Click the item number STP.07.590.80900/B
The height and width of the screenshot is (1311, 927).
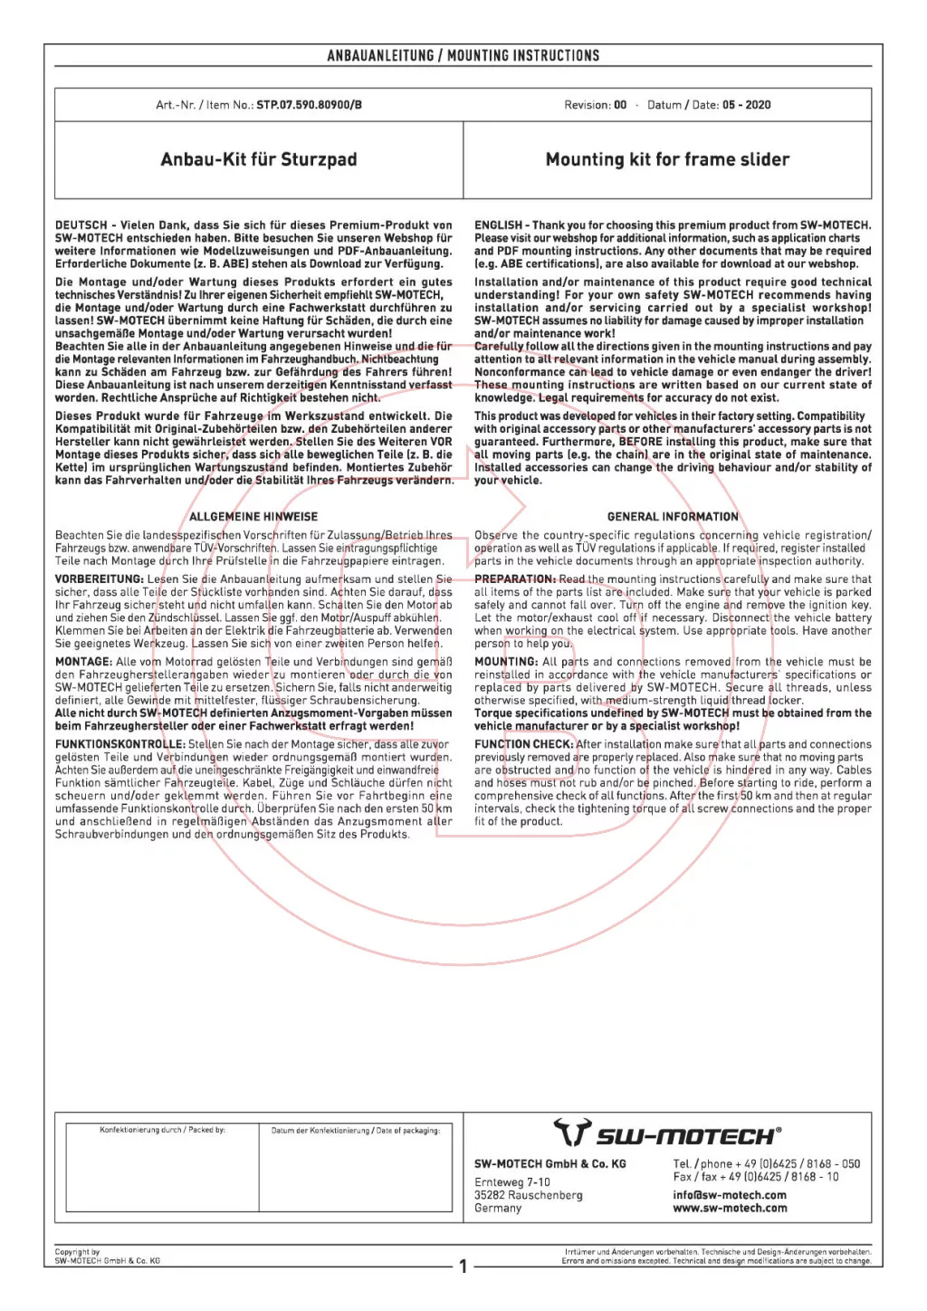pyautogui.click(x=309, y=105)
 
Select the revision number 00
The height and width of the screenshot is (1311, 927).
pyautogui.click(x=620, y=105)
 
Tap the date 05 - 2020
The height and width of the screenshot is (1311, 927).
pyautogui.click(x=746, y=105)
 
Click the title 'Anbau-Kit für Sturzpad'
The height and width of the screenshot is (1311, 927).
pyautogui.click(x=259, y=159)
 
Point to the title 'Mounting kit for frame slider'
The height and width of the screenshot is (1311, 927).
pyautogui.click(x=667, y=159)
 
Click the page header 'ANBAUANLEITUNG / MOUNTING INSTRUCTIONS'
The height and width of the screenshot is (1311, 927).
pyautogui.click(x=463, y=56)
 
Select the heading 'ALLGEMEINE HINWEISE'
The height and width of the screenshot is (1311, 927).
pyautogui.click(x=253, y=517)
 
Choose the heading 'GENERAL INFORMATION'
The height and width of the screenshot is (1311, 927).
pyautogui.click(x=673, y=517)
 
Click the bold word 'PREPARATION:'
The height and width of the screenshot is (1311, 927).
pyautogui.click(x=515, y=579)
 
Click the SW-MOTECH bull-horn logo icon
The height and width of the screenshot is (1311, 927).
pyautogui.click(x=572, y=1133)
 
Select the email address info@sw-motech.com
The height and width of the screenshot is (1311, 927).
pyautogui.click(x=730, y=1195)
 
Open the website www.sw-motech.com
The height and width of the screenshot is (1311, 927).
pyautogui.click(x=730, y=1208)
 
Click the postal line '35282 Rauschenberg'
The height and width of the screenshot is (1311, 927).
pyautogui.click(x=529, y=1195)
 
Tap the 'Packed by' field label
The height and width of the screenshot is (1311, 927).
pyautogui.click(x=162, y=1130)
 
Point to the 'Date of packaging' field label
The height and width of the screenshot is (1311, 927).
pyautogui.click(x=356, y=1130)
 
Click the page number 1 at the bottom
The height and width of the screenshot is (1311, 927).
pyautogui.click(x=463, y=1266)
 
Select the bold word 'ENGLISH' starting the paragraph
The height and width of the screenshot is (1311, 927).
pyautogui.click(x=498, y=225)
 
